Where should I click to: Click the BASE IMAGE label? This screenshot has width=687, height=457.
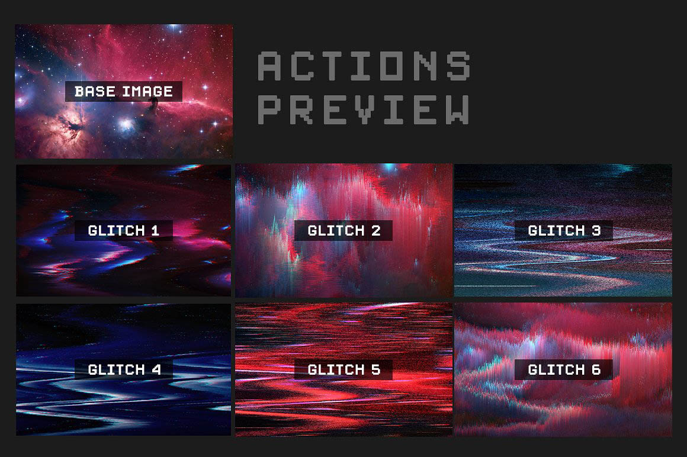click(x=124, y=92)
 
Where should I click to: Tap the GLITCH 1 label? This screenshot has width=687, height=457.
click(x=124, y=231)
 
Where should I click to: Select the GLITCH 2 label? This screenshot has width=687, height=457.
click(x=343, y=231)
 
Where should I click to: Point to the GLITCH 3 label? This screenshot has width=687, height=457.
click(x=563, y=231)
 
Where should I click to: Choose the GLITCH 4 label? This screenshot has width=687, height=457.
click(x=124, y=370)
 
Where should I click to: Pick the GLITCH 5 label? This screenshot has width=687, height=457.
click(x=343, y=370)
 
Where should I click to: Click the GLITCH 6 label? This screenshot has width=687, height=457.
click(x=563, y=370)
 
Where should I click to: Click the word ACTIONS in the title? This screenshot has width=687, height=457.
click(x=364, y=66)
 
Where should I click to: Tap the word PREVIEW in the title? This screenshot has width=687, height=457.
click(x=364, y=110)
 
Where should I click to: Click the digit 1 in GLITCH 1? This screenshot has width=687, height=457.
click(x=155, y=231)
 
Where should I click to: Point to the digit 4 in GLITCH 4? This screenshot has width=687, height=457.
click(x=156, y=370)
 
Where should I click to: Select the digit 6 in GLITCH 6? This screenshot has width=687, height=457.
click(x=596, y=370)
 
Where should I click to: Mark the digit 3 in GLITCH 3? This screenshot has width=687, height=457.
click(x=596, y=231)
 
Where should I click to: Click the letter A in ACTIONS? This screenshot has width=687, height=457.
click(x=269, y=66)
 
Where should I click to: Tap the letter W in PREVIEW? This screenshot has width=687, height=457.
click(x=457, y=110)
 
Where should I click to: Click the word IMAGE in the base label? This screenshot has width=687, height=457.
click(x=147, y=92)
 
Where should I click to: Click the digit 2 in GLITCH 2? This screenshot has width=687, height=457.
click(x=376, y=231)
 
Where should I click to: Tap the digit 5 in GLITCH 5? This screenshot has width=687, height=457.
click(x=376, y=370)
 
